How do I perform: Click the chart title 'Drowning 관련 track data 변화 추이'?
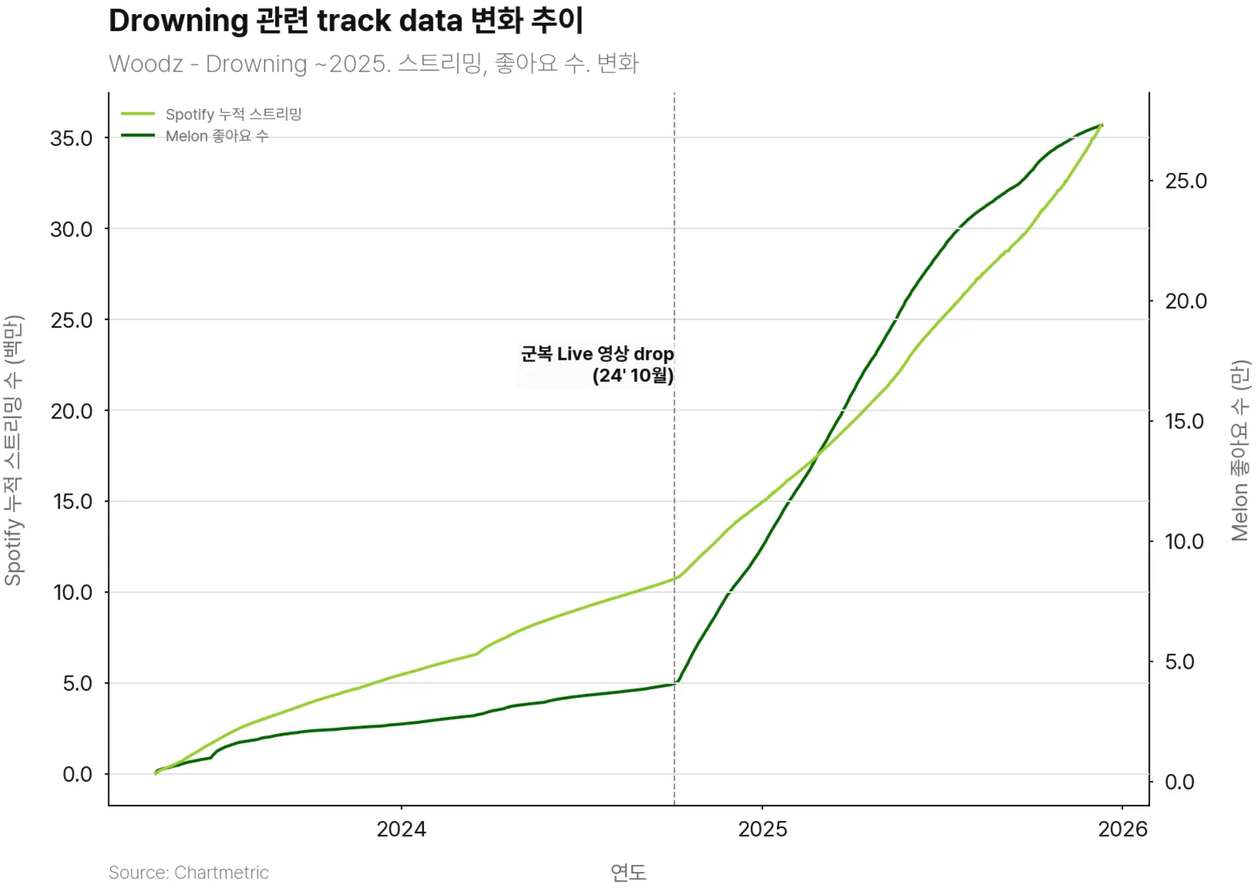point(346,21)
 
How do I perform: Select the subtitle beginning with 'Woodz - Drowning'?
point(373,64)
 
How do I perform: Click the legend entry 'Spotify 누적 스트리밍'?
point(233,114)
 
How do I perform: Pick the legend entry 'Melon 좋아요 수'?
point(217,136)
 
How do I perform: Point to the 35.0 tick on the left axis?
point(71,139)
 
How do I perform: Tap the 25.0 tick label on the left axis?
point(71,321)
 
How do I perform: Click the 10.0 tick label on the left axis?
point(72,593)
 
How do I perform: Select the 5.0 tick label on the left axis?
point(77,684)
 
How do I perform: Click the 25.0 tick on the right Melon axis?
point(1185,181)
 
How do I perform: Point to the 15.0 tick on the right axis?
point(1184,422)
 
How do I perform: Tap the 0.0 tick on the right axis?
point(1180,782)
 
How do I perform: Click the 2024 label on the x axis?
point(401,829)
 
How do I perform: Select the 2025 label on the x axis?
point(762,829)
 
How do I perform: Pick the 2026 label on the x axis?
point(1122,829)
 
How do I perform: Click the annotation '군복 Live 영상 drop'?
point(597,354)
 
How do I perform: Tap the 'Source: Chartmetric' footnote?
point(188,873)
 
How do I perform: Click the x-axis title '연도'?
point(628,873)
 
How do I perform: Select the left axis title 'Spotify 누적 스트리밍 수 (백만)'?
point(13,450)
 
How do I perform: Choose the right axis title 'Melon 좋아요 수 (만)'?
point(1240,450)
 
